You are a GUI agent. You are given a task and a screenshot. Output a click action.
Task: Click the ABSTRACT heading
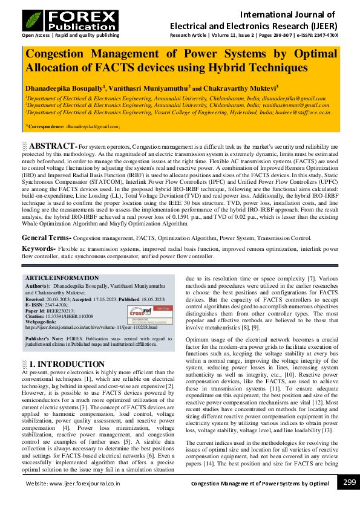coord(51,147)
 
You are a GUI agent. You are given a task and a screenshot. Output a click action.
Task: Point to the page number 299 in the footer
coord(349,482)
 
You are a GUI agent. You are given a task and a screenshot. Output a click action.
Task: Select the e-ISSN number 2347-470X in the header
coord(325,35)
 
